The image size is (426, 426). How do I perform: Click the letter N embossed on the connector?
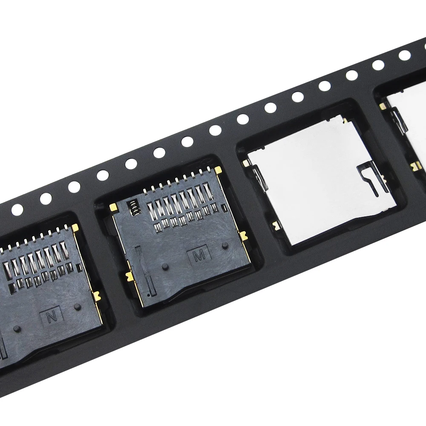[52, 317]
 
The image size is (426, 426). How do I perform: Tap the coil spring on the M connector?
[133, 208]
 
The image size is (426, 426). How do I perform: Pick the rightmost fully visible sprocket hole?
[405, 55]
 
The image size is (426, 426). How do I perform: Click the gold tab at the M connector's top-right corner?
[218, 170]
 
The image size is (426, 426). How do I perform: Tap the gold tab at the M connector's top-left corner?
[113, 207]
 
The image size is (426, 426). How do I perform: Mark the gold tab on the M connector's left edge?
[130, 276]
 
